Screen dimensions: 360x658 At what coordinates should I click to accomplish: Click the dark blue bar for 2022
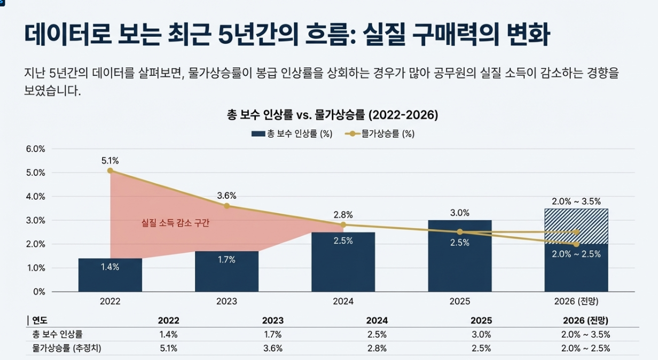(110, 275)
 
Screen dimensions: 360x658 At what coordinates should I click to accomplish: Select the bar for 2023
(226, 271)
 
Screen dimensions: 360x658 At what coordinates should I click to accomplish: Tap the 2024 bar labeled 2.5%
(343, 262)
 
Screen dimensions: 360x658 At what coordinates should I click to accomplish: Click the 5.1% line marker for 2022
(110, 170)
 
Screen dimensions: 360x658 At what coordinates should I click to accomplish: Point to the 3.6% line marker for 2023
(226, 206)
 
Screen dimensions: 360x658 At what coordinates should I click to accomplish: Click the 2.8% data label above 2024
(343, 215)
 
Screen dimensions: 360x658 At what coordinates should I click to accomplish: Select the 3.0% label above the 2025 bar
(459, 213)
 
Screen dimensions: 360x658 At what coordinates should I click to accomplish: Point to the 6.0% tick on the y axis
(36, 149)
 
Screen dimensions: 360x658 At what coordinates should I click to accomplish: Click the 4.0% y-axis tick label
(36, 197)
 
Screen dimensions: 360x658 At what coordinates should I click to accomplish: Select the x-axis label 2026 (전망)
(576, 301)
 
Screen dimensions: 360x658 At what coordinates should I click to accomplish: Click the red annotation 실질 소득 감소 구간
(175, 223)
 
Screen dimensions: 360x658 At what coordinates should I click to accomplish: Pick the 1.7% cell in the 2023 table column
(272, 335)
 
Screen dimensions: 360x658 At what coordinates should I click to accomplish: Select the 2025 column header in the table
(481, 321)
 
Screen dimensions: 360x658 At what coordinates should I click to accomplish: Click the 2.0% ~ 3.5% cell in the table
(585, 335)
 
